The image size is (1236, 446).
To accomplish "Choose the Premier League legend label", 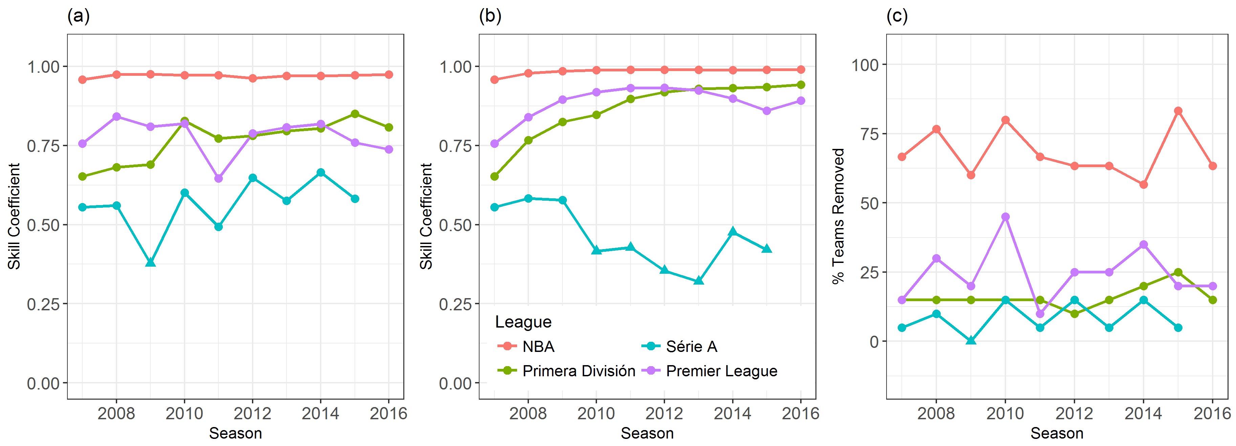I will pyautogui.click(x=721, y=371).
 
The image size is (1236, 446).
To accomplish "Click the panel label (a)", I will pyautogui.click(x=78, y=16).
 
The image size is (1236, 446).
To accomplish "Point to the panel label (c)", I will pyautogui.click(x=897, y=16).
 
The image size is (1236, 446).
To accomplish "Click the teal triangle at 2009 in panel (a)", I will pyautogui.click(x=150, y=262).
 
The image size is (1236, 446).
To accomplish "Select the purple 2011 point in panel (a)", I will pyautogui.click(x=218, y=178).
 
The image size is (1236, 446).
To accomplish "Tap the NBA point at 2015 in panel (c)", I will pyautogui.click(x=1178, y=111).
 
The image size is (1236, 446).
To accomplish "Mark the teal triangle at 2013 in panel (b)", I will pyautogui.click(x=699, y=281).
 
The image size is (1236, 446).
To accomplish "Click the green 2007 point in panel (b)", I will pyautogui.click(x=494, y=177).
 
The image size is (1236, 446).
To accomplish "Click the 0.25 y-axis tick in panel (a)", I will pyautogui.click(x=43, y=304).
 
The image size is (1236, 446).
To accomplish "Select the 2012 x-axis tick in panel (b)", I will pyautogui.click(x=664, y=413).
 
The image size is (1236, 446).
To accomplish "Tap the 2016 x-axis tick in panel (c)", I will pyautogui.click(x=1212, y=413).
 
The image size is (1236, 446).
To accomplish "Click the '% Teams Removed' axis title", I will pyautogui.click(x=838, y=216).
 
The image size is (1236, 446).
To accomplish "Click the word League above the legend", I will pyautogui.click(x=523, y=322).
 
